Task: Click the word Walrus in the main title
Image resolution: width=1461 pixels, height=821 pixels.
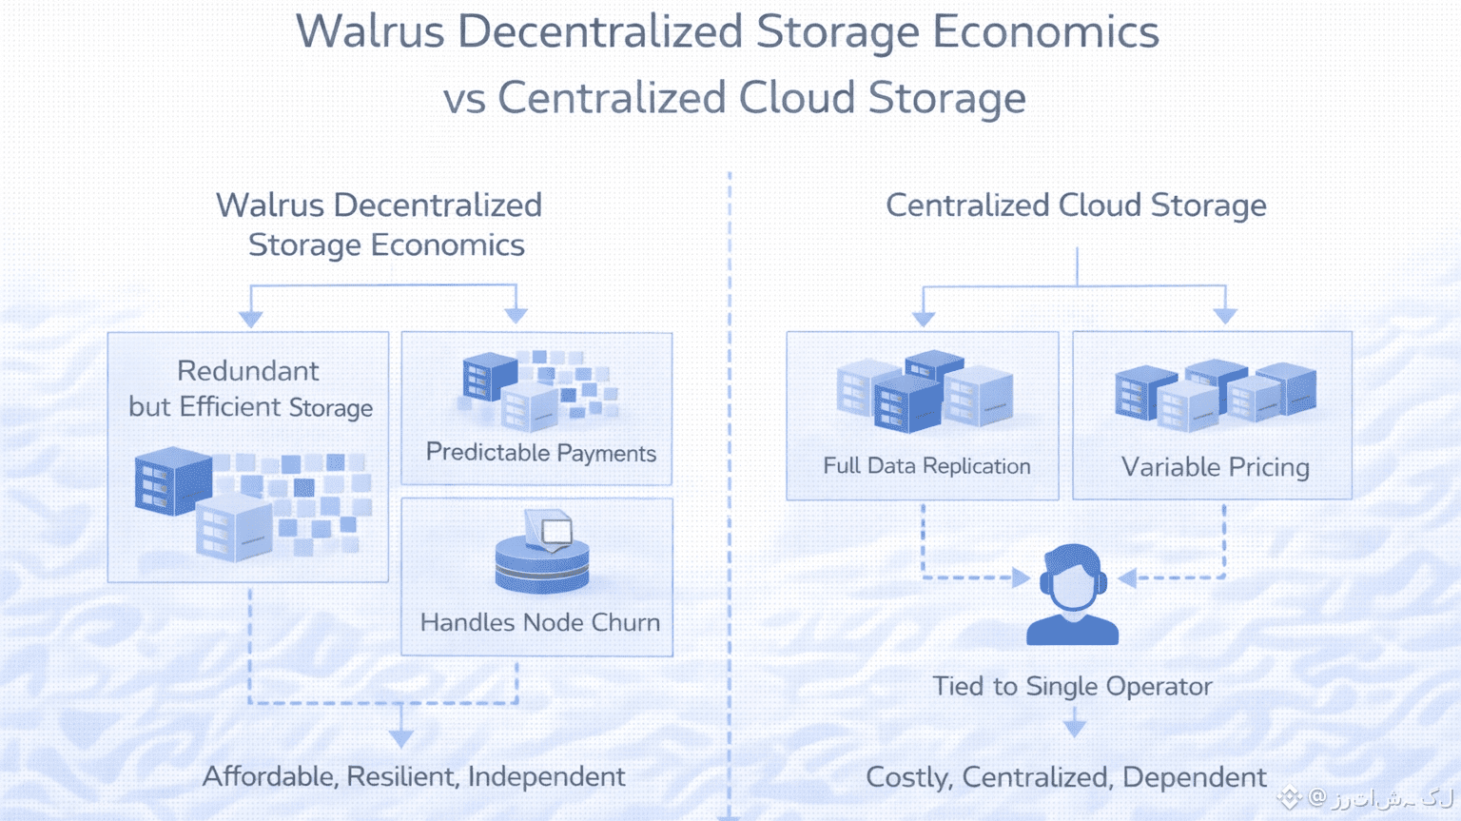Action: pos(370,32)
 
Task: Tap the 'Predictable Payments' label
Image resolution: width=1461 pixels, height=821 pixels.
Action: pos(540,453)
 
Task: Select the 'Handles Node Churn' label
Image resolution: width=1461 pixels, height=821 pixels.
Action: pos(539,622)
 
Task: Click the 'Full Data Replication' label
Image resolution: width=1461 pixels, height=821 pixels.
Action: pos(926,466)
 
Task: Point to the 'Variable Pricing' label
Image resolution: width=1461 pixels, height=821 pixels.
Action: pos(1215,467)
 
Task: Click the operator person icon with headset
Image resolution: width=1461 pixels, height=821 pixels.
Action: pos(1072,595)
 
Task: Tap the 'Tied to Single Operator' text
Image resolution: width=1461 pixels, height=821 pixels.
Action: pos(1072,686)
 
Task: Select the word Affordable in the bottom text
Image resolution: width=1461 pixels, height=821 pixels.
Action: pos(269,776)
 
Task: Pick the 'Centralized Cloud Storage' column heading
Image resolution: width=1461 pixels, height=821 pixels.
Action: pos(1076,205)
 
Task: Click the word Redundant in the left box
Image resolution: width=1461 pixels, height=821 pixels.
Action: pos(248,371)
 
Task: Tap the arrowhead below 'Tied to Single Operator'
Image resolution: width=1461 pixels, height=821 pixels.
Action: pos(1074,728)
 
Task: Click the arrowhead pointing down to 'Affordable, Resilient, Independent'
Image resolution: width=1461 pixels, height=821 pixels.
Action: pos(401,737)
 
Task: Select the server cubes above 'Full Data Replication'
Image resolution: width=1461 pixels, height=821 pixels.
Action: pos(924,392)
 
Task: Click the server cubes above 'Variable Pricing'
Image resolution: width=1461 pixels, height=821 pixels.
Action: pos(1215,394)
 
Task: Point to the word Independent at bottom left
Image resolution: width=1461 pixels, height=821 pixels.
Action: pos(546,776)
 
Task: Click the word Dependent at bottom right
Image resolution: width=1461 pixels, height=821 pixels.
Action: pos(1194,777)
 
